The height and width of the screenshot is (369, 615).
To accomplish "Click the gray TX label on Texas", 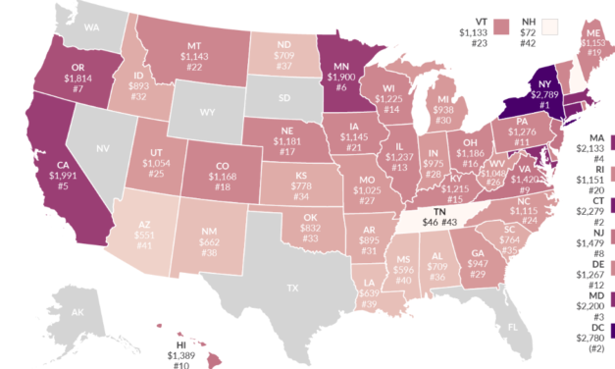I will pyautogui.click(x=291, y=289).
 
